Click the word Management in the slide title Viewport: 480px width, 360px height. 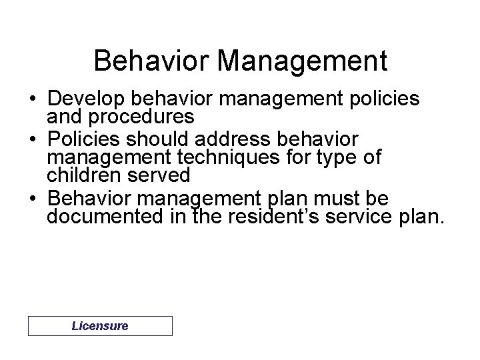pyautogui.click(x=303, y=60)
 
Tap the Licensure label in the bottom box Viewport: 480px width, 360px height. pyautogui.click(x=100, y=326)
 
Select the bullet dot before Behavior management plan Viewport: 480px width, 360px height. pyautogui.click(x=33, y=199)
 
